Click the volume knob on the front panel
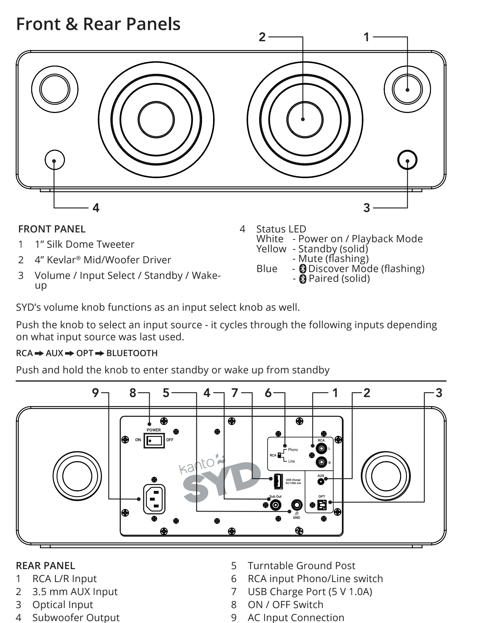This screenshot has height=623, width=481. click(x=407, y=160)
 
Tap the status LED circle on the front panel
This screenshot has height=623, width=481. click(x=54, y=160)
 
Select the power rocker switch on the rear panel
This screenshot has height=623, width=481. click(x=154, y=441)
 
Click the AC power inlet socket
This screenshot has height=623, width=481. click(x=154, y=499)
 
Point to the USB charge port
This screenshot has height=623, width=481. click(x=278, y=481)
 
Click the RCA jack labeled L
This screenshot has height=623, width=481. click(x=321, y=449)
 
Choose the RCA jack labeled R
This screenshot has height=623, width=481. click(x=321, y=462)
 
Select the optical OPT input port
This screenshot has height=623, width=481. click(x=322, y=505)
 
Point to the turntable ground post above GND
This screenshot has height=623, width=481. click(x=297, y=505)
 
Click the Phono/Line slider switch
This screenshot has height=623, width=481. click(x=279, y=455)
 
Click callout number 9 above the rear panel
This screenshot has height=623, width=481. click(x=95, y=393)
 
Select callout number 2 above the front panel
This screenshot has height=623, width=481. click(x=262, y=37)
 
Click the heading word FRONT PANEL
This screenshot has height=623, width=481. click(x=52, y=229)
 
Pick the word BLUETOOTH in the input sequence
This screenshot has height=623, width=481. click(x=132, y=353)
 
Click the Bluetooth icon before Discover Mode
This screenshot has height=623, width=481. click(x=303, y=269)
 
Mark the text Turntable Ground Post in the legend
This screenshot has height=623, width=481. click(x=301, y=566)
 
